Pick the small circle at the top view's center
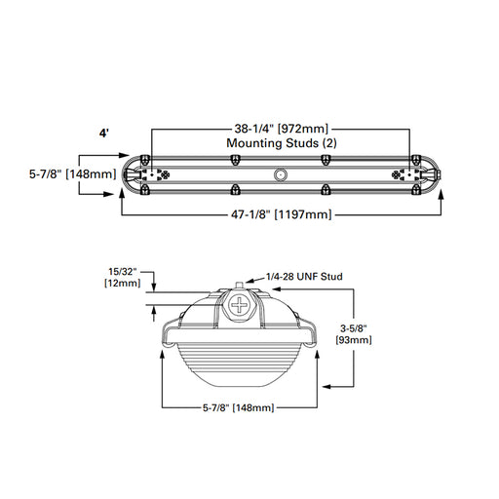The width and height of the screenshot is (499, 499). pyautogui.click(x=281, y=175)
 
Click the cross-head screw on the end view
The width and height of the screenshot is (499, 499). pyautogui.click(x=240, y=305)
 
